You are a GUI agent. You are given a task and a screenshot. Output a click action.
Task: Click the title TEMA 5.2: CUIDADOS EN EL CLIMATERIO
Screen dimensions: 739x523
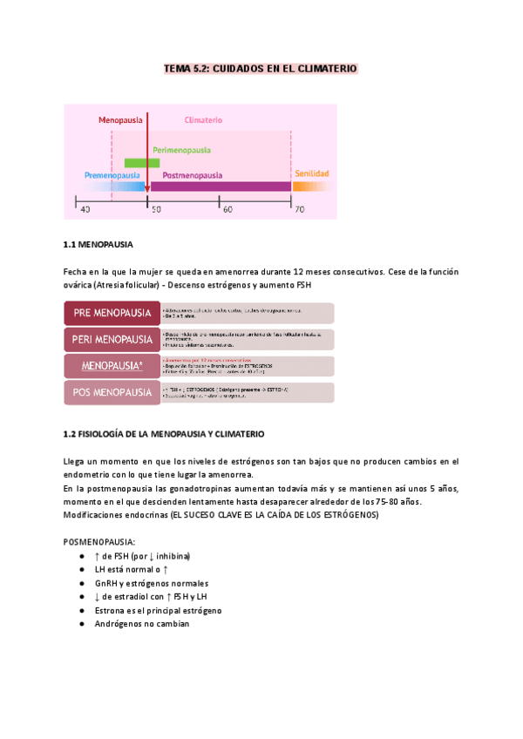pos(261,68)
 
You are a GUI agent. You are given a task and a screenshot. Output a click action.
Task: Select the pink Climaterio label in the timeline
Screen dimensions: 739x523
pos(203,119)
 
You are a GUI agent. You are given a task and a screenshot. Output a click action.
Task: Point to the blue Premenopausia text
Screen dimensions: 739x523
pos(112,175)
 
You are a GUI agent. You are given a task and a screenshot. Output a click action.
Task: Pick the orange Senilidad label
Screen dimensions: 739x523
pos(312,174)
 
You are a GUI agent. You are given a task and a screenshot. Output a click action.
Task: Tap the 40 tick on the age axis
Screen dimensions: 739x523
pos(85,209)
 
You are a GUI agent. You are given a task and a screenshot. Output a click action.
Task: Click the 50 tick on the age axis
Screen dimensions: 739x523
pos(156,209)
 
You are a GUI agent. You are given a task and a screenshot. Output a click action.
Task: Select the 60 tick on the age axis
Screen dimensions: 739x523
pos(226,209)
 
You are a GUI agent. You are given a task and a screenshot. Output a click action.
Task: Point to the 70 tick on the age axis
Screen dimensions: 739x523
pos(298,209)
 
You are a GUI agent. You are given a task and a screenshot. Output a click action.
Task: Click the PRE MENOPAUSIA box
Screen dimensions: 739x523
pos(112,313)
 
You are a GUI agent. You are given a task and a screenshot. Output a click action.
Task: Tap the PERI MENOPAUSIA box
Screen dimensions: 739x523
pos(112,339)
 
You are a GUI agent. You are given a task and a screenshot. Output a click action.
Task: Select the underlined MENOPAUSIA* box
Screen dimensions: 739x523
pos(112,366)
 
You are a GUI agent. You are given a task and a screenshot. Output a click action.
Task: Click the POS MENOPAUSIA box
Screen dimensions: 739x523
pos(112,393)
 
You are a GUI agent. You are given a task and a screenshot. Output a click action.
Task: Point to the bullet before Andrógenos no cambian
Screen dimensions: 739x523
pos(80,624)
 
